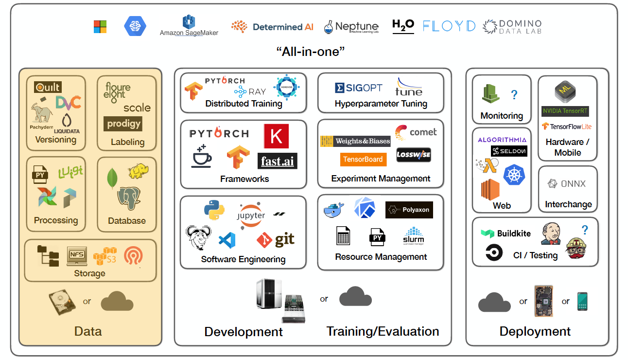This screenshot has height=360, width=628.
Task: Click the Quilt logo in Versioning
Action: click(48, 87)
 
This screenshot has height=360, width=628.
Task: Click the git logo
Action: click(276, 239)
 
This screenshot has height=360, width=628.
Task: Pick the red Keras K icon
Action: click(276, 136)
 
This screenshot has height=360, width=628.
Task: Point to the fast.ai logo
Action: click(277, 161)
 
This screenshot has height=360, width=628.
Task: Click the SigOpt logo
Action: click(359, 88)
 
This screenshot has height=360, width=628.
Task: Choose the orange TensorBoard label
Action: click(363, 159)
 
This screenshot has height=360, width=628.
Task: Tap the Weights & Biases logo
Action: click(355, 141)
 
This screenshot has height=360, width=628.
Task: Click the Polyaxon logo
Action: click(409, 210)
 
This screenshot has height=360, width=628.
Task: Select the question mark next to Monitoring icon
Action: click(514, 94)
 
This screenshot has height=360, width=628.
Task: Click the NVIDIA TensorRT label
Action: click(565, 111)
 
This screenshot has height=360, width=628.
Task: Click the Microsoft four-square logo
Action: click(100, 27)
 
